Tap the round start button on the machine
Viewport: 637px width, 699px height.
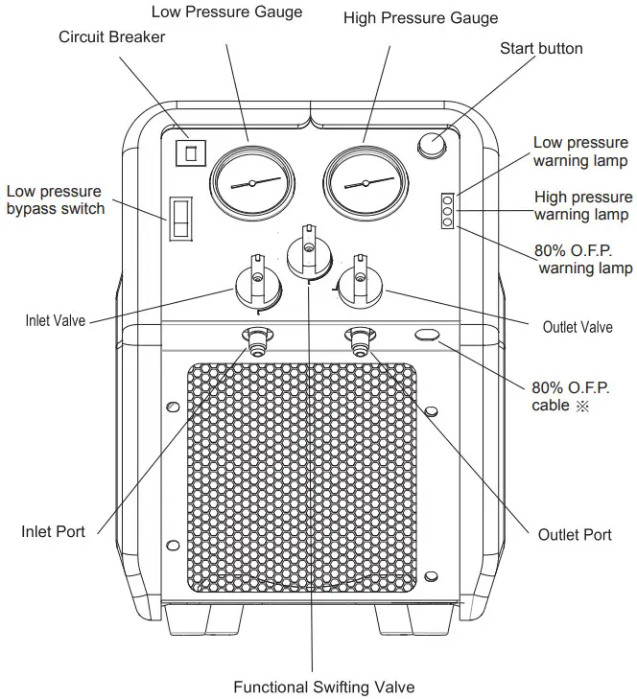pos(432,145)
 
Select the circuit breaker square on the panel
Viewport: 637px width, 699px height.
pos(192,151)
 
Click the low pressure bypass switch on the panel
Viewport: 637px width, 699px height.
pos(179,220)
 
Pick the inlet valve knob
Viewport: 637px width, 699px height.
pos(256,284)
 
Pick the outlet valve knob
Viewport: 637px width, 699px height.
pos(360,282)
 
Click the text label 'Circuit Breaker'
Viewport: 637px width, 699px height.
pos(112,37)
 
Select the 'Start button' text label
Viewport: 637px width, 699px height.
pos(541,48)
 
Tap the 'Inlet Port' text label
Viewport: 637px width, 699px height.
pos(53,531)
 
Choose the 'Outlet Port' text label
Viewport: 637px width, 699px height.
pos(575,534)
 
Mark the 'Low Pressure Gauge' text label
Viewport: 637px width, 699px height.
pos(227,12)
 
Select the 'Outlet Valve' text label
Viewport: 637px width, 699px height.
pos(578,327)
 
